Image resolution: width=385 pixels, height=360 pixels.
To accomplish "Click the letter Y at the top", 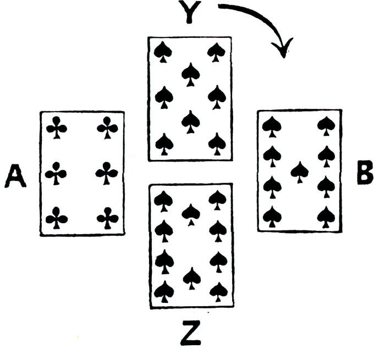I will click(189, 12).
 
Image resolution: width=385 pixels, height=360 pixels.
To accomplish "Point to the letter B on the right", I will click(364, 174).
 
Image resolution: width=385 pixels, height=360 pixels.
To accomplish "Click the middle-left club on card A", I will click(56, 174).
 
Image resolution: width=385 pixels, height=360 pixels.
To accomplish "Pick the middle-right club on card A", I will click(107, 174).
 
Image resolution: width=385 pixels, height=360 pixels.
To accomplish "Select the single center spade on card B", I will click(299, 171).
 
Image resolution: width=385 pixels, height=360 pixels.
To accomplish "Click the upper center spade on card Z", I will click(190, 213).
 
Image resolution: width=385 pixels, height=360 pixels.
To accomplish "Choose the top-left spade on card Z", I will click(163, 200).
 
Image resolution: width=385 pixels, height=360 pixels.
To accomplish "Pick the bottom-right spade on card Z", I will click(218, 290).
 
